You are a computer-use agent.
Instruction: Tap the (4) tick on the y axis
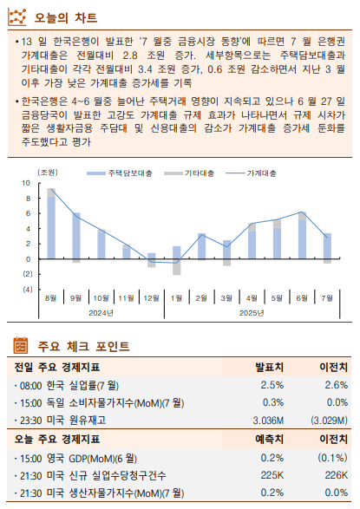pyautogui.click(x=27, y=289)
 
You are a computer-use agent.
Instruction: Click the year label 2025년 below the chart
pyautogui.click(x=252, y=314)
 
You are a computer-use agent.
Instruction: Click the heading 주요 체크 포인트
pyautogui.click(x=83, y=346)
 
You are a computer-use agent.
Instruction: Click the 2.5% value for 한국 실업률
pyautogui.click(x=272, y=385)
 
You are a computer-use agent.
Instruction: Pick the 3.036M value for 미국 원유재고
pyautogui.click(x=268, y=420)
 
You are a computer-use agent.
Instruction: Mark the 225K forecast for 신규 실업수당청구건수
pyautogui.click(x=272, y=474)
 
